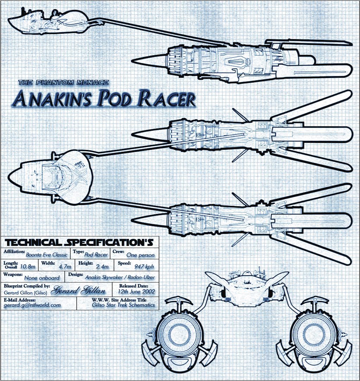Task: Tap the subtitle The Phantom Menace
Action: [x=63, y=83]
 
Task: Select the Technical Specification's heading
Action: [x=79, y=242]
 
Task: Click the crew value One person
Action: [x=140, y=255]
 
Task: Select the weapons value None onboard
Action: [x=42, y=278]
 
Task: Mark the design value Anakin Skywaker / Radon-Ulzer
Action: [x=120, y=277]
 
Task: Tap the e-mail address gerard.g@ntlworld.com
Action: [x=32, y=305]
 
